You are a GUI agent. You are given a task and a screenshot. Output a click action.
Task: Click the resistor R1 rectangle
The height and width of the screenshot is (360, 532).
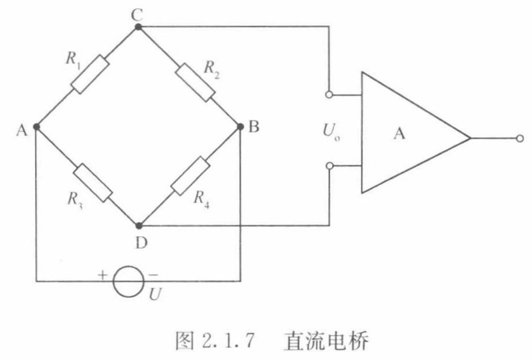90,74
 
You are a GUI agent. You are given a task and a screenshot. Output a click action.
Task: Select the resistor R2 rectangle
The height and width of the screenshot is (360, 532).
194,81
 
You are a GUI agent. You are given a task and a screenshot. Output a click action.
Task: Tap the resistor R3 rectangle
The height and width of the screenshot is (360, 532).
94,182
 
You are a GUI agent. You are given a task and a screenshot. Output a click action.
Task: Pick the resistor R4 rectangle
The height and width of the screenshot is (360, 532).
191,176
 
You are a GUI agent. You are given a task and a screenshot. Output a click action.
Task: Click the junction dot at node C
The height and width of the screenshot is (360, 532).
138,27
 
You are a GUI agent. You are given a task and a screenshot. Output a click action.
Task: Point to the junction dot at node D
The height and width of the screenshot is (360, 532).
139,226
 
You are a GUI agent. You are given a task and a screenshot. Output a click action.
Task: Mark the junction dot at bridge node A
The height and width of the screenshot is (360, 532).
36,127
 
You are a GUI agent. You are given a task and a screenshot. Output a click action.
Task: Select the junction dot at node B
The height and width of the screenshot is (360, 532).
241,127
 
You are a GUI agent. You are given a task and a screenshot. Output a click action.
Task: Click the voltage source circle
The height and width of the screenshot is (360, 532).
129,280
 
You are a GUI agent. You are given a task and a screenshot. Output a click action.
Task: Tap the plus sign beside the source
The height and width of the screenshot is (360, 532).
102,275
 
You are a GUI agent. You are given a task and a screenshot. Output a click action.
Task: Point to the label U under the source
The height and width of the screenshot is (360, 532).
154,294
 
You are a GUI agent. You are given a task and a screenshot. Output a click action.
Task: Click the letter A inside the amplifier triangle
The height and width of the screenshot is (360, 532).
399,134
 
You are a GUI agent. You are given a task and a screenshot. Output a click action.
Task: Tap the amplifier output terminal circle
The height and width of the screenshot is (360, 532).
520,139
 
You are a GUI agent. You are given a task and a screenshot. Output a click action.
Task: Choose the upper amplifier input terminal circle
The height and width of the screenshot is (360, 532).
329,95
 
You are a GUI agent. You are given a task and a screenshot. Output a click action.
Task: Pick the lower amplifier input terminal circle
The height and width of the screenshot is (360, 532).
329,166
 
